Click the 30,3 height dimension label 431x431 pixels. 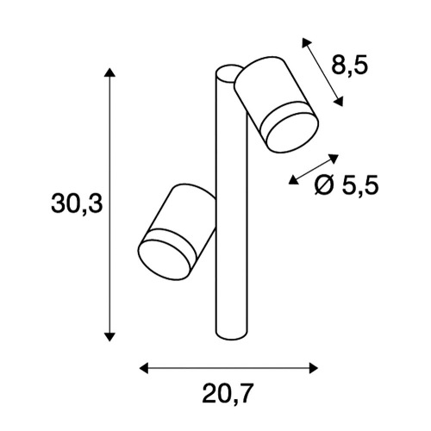(x=77, y=203)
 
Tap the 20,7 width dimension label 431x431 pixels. (x=228, y=394)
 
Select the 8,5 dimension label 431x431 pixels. (x=350, y=66)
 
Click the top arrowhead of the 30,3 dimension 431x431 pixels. (x=109, y=72)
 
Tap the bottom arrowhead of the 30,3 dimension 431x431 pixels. (x=109, y=337)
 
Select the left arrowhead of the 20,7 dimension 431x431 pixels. (x=144, y=368)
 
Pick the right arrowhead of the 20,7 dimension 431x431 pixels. (x=314, y=368)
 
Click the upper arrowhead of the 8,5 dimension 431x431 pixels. (x=306, y=42)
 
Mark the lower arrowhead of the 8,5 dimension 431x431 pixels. (x=339, y=102)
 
